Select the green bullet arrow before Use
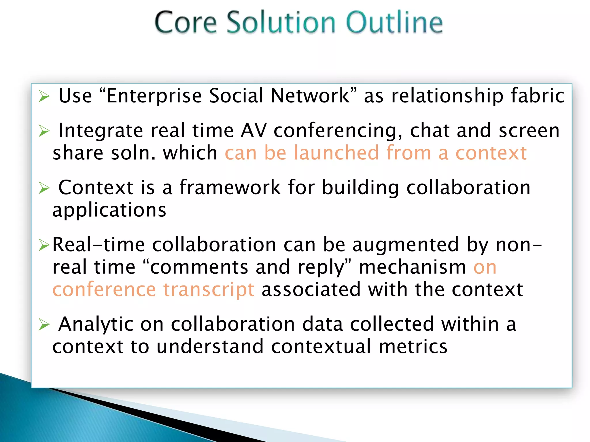44,96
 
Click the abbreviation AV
254,131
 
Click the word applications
109,210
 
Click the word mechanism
412,267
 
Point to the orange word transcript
209,289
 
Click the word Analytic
96,325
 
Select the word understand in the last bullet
210,346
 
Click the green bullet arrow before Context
44,188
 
